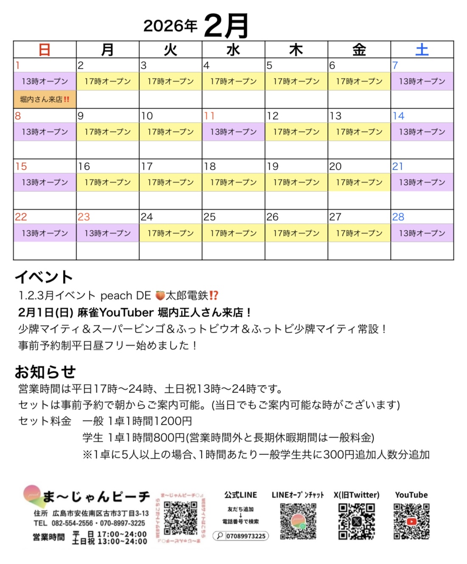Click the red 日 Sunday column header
click(x=45, y=50)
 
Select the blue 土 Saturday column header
click(x=422, y=50)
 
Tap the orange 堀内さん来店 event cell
click(x=45, y=99)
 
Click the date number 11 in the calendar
click(x=210, y=116)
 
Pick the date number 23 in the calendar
click(x=84, y=217)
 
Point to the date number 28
click(x=398, y=217)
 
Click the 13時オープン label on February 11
click(x=233, y=132)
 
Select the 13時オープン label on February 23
click(x=107, y=233)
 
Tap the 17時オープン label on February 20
click(x=359, y=182)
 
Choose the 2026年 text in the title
click(x=170, y=26)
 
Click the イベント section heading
click(x=44, y=277)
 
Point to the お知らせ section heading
click(x=45, y=372)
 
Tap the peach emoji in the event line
click(x=160, y=295)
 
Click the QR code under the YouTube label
click(x=411, y=521)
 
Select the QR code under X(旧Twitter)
click(x=356, y=521)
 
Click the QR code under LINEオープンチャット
click(x=298, y=521)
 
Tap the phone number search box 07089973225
click(x=241, y=536)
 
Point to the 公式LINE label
click(x=240, y=495)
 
